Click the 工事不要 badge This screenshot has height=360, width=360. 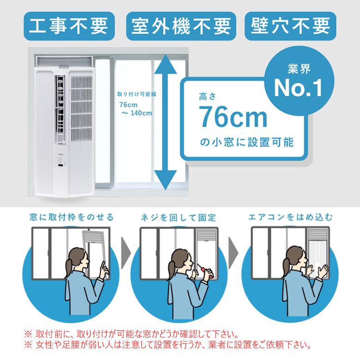point(69,26)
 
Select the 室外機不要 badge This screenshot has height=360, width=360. point(181,26)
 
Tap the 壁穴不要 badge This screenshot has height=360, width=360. point(290,26)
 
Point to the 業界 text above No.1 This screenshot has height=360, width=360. point(299,69)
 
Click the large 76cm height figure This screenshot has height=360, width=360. point(233,117)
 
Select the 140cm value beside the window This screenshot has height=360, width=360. point(141,113)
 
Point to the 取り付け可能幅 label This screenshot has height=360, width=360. point(137,94)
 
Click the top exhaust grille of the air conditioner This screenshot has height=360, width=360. point(65,61)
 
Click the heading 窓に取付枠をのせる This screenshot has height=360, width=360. point(72,217)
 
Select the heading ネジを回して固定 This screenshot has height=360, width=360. point(179,217)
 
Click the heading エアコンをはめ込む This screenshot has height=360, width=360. point(290,217)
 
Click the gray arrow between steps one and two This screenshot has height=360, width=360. point(126,253)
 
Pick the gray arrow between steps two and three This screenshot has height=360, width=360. point(233,253)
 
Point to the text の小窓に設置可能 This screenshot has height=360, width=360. point(247,142)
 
